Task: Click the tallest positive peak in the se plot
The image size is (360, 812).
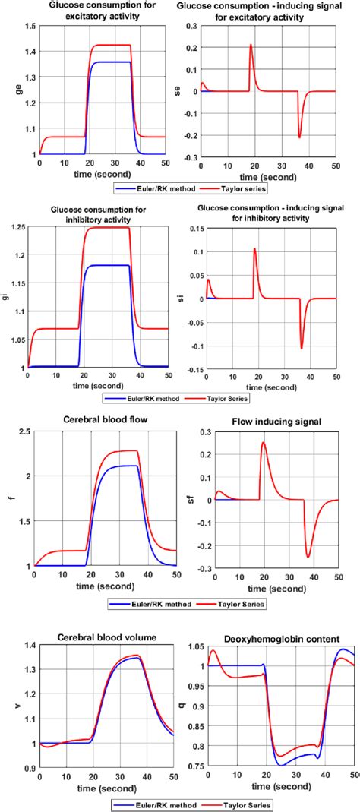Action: (x=250, y=45)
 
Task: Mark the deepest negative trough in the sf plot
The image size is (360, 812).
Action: (x=308, y=557)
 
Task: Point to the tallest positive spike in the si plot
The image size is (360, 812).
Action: (x=254, y=248)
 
